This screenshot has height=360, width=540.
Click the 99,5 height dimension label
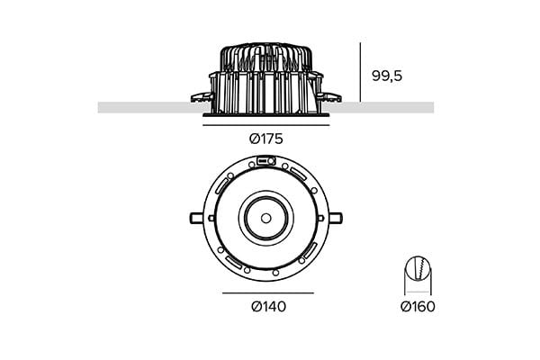pyautogui.click(x=386, y=76)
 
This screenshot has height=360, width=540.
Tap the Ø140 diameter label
pyautogui.click(x=267, y=307)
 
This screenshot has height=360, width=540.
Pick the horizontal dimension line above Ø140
pyautogui.click(x=267, y=293)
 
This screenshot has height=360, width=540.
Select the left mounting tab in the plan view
pyautogui.click(x=197, y=217)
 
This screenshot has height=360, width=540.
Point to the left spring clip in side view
pyautogui.click(x=199, y=96)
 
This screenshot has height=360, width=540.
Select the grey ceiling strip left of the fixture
pyautogui.click(x=144, y=107)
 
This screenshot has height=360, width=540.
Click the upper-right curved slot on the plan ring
pyautogui.click(x=297, y=174)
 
